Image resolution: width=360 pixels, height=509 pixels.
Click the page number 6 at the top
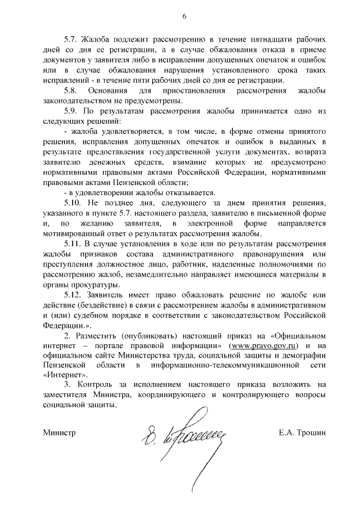[183, 16]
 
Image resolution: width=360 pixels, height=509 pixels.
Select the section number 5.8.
[72, 91]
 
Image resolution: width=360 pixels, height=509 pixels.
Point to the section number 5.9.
[72, 111]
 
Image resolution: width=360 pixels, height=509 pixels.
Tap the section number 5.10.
[74, 202]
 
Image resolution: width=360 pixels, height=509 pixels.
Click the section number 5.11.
[74, 243]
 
